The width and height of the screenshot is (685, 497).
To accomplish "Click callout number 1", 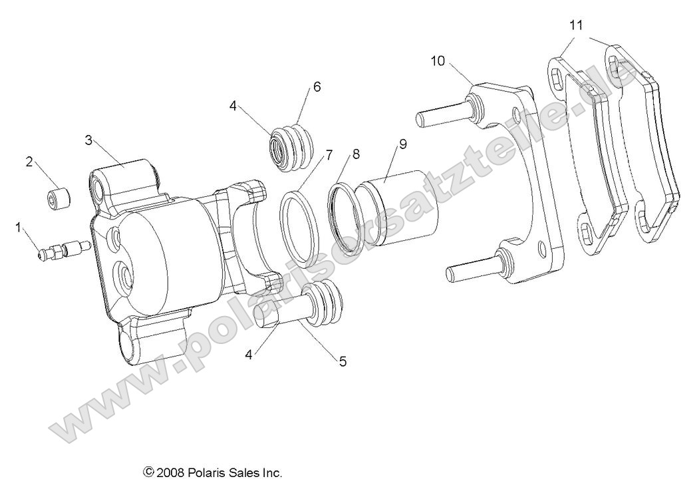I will tap(19, 228).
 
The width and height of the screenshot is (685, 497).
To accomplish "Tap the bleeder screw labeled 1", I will tap(63, 251).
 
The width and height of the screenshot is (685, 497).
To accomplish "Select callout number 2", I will tap(29, 162).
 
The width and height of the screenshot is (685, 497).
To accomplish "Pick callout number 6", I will tap(317, 87).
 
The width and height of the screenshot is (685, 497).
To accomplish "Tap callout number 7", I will tap(329, 156).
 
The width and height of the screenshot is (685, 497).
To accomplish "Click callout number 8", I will tap(356, 154).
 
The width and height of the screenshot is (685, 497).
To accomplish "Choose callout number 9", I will tap(403, 144).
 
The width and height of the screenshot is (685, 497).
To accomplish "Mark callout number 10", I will tap(438, 61).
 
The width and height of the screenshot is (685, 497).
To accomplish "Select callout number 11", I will tap(576, 25).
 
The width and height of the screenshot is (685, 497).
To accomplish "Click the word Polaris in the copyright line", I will tap(210, 473).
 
